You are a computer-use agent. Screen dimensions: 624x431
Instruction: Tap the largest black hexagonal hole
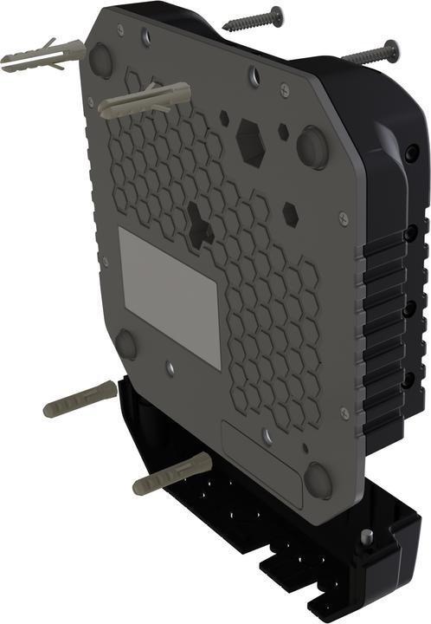[251, 141]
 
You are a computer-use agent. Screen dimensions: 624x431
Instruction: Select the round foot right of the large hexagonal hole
[313, 146]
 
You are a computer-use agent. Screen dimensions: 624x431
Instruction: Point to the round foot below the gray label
[126, 343]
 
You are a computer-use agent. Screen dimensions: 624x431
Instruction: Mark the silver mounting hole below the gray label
[170, 367]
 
